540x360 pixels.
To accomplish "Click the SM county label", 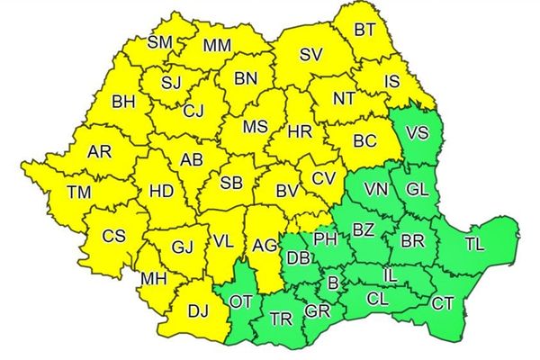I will (159, 41).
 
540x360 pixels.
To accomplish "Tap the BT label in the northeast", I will (364, 29).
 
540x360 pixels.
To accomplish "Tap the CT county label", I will (442, 303).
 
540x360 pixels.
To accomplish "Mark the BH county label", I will (123, 103).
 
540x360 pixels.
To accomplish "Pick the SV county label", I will (310, 56).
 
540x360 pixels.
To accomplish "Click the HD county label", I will (161, 191).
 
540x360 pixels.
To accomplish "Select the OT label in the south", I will (241, 301).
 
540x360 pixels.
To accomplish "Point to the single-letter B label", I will (332, 283).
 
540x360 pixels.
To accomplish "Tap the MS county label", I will (255, 128).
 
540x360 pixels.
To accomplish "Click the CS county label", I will (113, 237).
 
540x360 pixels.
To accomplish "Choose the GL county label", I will (417, 190).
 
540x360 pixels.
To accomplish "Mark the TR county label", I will (281, 319).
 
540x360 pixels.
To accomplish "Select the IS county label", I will (391, 82).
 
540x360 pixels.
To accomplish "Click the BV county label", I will (287, 191).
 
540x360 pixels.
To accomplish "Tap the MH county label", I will (152, 279).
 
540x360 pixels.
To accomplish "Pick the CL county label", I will (379, 296).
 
